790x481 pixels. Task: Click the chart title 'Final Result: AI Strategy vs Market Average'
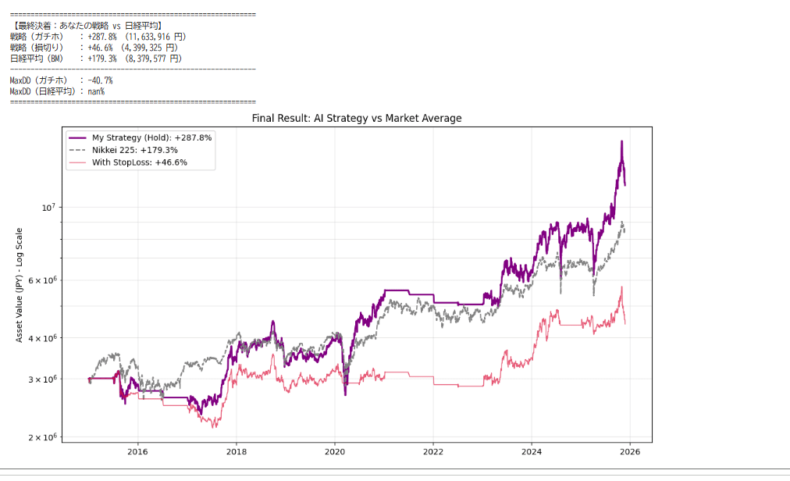[357, 119]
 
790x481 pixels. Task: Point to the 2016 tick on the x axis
[137, 451]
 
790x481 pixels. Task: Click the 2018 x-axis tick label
[237, 451]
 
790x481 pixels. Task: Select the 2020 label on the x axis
[335, 451]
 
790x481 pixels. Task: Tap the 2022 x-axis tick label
[433, 451]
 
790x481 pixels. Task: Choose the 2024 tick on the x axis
[532, 451]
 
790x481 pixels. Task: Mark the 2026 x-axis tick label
[630, 451]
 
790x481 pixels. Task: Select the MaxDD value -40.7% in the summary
[100, 80]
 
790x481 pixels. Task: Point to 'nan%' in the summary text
[96, 91]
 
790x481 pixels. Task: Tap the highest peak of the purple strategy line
[621, 141]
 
